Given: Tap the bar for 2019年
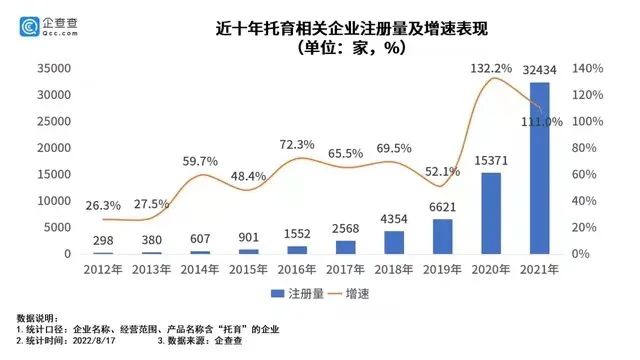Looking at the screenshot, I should pos(433,236).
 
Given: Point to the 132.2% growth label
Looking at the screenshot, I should pos(486,68).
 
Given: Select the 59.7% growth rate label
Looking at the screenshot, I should pos(200,161).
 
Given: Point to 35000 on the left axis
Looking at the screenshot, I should pos(51,69).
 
